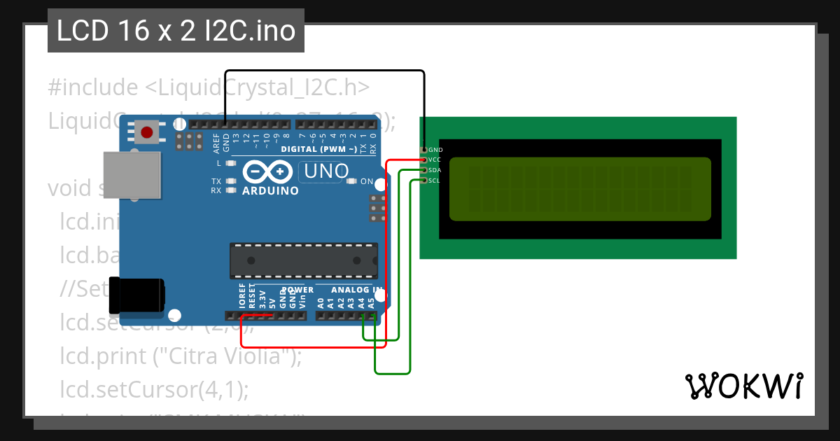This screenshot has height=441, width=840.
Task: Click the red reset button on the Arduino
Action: point(147,132)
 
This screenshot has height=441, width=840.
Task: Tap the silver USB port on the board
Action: point(132,174)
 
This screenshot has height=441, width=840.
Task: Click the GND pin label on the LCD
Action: point(435,150)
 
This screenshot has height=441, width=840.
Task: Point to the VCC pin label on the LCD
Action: point(435,160)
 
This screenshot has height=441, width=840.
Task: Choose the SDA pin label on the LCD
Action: point(435,170)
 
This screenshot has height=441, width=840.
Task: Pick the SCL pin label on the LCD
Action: point(434,181)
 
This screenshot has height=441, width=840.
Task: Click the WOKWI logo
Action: point(743,386)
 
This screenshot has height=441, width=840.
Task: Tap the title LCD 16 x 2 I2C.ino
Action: point(176,31)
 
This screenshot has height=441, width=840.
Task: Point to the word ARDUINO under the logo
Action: point(270,190)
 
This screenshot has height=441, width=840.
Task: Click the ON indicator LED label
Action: point(367,181)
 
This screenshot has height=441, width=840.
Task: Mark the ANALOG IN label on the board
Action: point(356,290)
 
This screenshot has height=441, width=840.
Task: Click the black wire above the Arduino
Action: point(325,71)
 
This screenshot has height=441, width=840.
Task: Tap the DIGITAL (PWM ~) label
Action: point(318,149)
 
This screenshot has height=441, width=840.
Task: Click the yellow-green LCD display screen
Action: point(580,188)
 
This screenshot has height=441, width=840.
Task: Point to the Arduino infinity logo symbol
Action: point(267,171)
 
